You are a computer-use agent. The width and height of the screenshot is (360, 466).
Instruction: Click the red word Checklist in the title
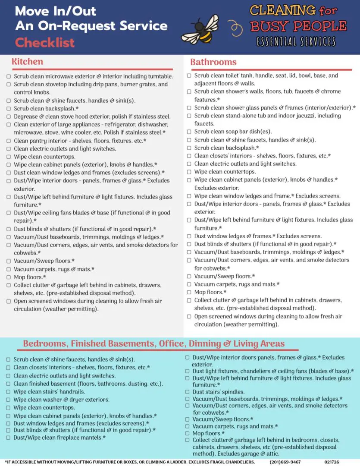(45, 43)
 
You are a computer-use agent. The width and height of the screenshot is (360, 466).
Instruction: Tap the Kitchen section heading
(28, 61)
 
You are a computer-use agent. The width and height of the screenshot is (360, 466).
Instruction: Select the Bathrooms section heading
(213, 62)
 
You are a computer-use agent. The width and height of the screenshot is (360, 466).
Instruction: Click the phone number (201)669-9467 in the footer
(285, 462)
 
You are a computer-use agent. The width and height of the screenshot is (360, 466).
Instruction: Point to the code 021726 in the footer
(332, 462)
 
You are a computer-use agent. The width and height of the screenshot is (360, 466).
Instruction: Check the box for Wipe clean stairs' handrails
(9, 392)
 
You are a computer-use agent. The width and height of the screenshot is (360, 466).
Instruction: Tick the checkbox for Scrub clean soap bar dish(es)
(189, 132)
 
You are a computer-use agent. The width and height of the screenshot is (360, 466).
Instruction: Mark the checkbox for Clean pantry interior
(9, 141)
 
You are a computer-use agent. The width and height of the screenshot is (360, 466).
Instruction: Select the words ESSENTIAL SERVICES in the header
(296, 42)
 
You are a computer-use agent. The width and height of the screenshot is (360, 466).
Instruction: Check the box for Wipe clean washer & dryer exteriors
(9, 400)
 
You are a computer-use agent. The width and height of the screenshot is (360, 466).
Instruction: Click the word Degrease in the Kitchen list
(27, 116)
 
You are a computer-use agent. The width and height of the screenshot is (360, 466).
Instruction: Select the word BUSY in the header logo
(270, 26)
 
